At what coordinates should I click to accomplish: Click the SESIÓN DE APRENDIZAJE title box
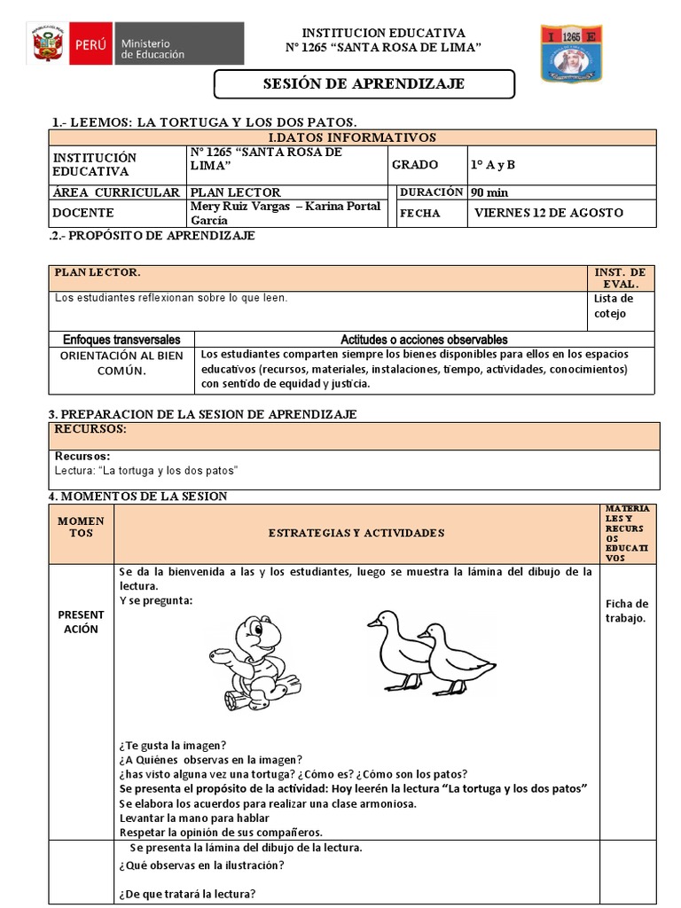pos(364,84)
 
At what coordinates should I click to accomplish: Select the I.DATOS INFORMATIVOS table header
pos(352,137)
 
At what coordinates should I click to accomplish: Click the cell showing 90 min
pos(489,192)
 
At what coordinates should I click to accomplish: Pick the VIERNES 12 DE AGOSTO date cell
pos(548,213)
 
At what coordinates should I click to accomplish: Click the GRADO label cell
pos(416,165)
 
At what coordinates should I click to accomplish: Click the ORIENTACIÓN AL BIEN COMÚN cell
pos(121,363)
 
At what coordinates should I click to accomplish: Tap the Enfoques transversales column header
pos(121,340)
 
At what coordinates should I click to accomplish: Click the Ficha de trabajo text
pos(628,611)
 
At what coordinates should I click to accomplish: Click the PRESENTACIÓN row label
pos(81,622)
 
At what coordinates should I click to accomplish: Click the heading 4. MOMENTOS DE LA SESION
pos(137,497)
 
